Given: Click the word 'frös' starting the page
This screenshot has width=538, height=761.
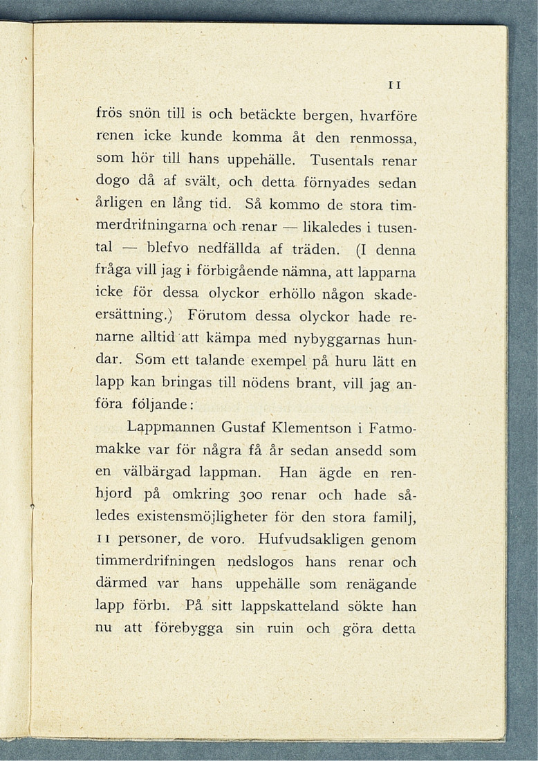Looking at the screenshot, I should [110, 115].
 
